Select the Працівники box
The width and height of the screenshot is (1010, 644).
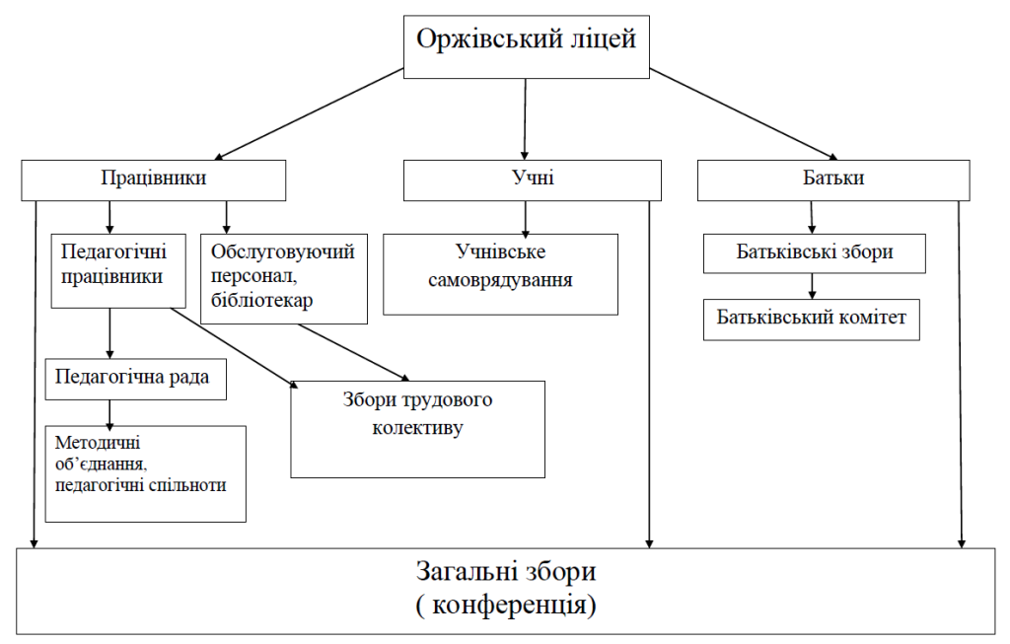click(154, 179)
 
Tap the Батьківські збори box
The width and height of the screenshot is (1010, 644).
click(815, 251)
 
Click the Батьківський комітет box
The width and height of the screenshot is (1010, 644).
click(811, 319)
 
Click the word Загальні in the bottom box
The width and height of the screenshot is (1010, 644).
click(461, 572)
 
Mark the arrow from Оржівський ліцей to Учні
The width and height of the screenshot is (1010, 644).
click(526, 118)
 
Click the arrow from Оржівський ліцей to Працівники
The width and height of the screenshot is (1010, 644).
click(310, 113)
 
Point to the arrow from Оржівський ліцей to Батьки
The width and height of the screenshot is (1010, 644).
click(743, 113)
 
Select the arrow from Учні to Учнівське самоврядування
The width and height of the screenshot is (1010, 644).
click(526, 216)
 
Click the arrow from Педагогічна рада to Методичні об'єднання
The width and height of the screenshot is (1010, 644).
click(109, 411)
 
